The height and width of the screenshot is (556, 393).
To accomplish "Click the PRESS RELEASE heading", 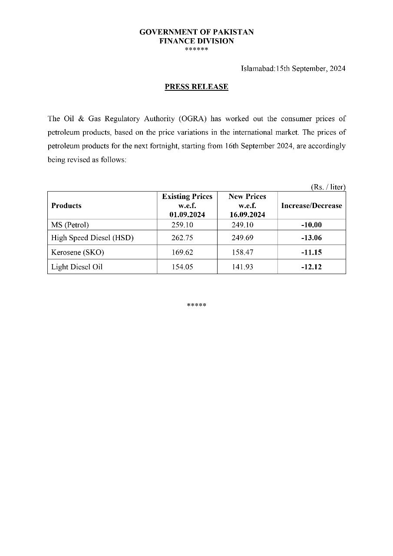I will point(196,86).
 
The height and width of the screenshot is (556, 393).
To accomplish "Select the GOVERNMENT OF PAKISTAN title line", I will point(196,32).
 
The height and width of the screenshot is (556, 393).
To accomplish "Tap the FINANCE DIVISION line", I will point(196,41).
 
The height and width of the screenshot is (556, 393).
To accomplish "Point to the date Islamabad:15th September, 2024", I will point(293,69).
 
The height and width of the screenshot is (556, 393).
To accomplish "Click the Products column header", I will point(66,205).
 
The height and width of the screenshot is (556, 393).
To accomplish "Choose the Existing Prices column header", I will point(187,205).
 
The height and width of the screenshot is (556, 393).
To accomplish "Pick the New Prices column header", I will point(247,205).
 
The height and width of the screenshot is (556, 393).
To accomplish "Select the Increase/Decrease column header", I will point(311,205).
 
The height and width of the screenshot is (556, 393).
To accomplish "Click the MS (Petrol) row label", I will point(70,225).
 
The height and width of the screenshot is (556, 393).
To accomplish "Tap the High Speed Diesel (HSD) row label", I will point(92,238).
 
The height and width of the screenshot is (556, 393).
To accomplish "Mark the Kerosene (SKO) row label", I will point(77,252).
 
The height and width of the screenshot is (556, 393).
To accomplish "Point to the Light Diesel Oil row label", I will point(77,267).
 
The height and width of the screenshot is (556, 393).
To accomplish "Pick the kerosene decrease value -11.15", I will point(311,252).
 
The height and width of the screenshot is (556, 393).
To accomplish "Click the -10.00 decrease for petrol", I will point(311,225).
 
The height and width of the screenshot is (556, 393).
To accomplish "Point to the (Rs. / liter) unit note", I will point(328,187).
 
